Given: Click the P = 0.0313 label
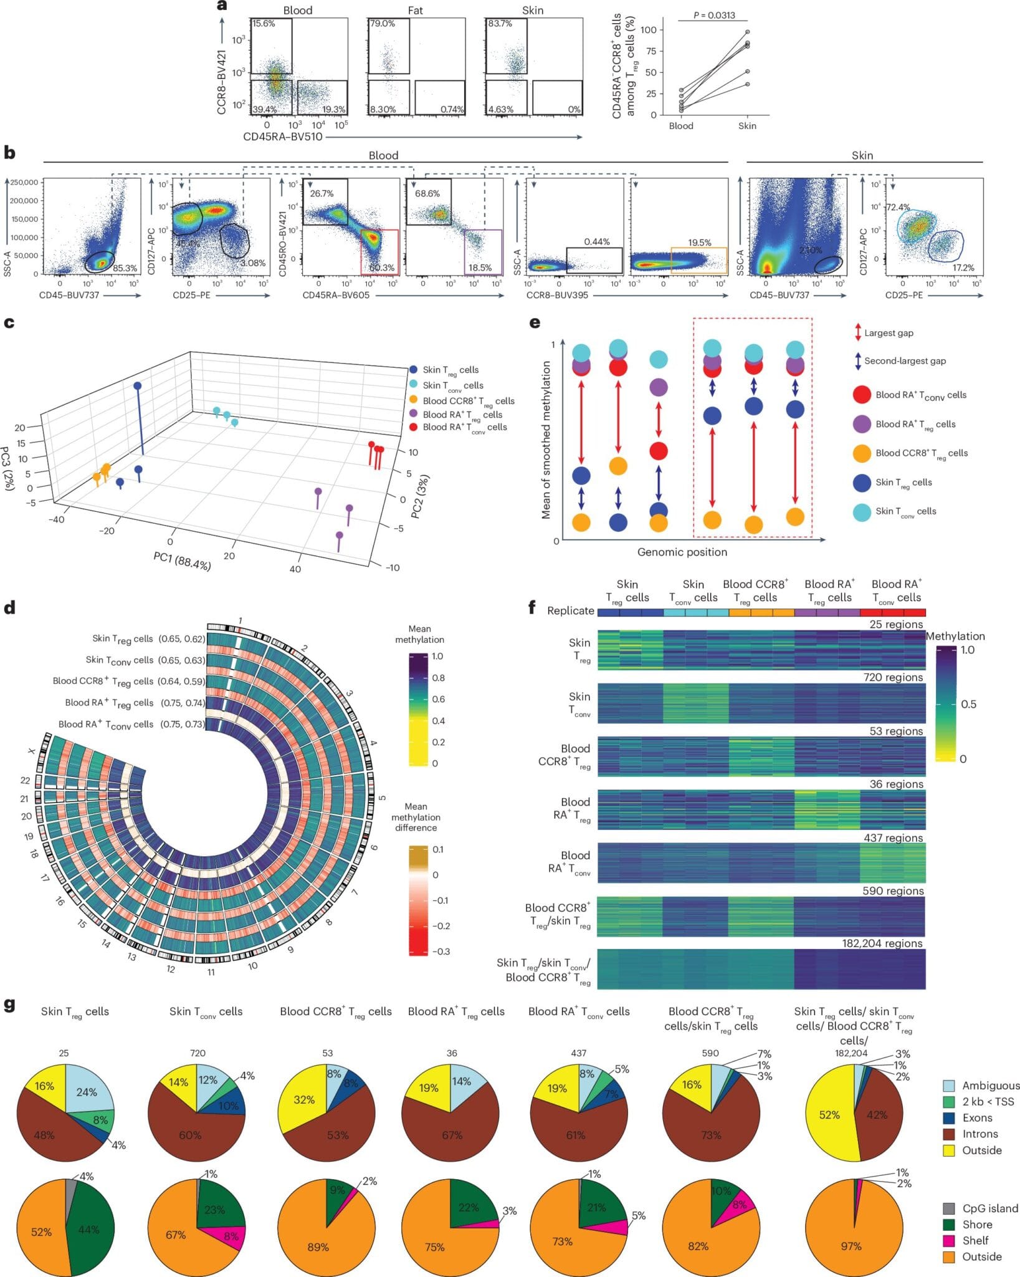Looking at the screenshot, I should coord(713,15).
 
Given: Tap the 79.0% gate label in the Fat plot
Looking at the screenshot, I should coord(383,24).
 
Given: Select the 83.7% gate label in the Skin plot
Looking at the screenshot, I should coord(500,24).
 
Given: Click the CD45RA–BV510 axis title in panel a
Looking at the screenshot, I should coord(283,137).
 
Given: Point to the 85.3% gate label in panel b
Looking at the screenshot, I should coord(125,268).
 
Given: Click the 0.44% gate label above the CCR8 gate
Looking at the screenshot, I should coord(596,241).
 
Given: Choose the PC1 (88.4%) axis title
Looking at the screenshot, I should coord(182,561).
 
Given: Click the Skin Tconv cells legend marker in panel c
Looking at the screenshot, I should coord(414,385).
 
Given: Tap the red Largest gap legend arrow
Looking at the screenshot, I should coord(858,332).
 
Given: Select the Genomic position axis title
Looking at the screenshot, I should coord(682,552).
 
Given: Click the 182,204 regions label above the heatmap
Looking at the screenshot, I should coord(882,943).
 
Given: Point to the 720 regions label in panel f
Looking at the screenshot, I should coord(893,677).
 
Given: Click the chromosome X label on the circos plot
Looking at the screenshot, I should coord(31,751).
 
